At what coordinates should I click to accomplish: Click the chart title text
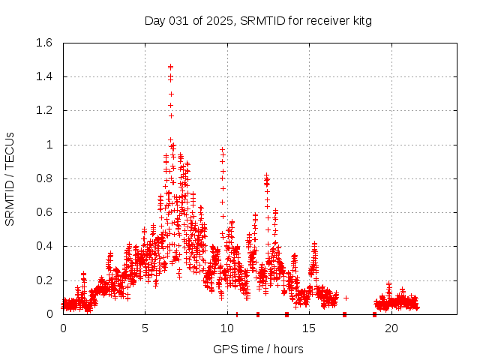[x=258, y=20]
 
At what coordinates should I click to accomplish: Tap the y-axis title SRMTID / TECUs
[x=10, y=178]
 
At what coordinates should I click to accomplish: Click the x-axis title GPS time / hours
[x=258, y=349]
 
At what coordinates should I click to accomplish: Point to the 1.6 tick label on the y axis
[x=43, y=43]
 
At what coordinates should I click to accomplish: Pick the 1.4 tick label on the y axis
[x=43, y=76]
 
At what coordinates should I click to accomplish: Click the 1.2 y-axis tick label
[x=43, y=110]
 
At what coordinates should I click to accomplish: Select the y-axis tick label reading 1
[x=49, y=145]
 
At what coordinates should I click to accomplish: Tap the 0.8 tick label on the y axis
[x=43, y=178]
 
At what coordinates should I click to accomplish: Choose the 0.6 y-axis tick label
[x=43, y=212]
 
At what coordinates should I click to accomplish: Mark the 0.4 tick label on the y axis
[x=43, y=246]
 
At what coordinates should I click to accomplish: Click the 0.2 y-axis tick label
[x=43, y=280]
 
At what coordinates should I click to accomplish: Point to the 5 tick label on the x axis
[x=145, y=328]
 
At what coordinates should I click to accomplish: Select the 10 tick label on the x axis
[x=227, y=328]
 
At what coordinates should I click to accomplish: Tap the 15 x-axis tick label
[x=310, y=328]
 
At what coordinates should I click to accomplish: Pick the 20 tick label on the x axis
[x=391, y=328]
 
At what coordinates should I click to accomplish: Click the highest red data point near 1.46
[x=170, y=67]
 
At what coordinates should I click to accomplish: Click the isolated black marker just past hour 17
[x=346, y=298]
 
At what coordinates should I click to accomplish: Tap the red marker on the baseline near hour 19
[x=374, y=314]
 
